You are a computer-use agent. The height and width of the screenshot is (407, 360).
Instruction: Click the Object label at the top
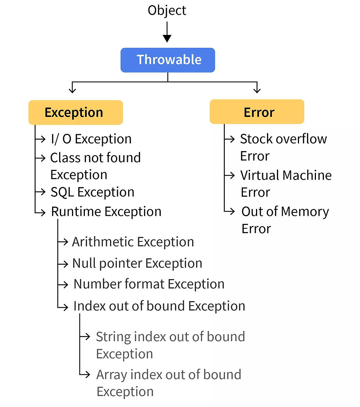click(167, 11)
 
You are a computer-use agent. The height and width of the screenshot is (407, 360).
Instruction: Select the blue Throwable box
click(168, 60)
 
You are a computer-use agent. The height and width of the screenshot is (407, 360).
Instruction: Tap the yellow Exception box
click(75, 113)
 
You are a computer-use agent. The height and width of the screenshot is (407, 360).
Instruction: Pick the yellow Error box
click(257, 112)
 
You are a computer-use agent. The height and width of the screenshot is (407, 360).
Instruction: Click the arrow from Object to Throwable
click(167, 32)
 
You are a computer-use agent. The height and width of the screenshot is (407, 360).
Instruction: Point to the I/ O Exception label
click(91, 139)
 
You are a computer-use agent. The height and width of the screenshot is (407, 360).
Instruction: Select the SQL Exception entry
click(92, 192)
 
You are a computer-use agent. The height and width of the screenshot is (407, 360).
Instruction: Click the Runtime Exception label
click(106, 211)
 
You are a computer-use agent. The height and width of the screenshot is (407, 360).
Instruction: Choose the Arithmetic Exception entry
click(133, 242)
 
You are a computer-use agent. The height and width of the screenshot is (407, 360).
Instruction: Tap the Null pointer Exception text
click(137, 263)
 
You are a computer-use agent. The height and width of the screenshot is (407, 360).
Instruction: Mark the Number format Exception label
click(149, 284)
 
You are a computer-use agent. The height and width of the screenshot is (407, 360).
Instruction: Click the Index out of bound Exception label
click(159, 306)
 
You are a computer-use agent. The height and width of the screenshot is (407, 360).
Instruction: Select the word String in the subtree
click(114, 337)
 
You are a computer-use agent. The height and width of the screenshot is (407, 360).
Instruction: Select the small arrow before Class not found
click(40, 158)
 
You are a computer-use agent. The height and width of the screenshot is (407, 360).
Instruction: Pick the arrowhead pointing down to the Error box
click(257, 90)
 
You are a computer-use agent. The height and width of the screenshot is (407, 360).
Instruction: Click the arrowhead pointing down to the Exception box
click(72, 90)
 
